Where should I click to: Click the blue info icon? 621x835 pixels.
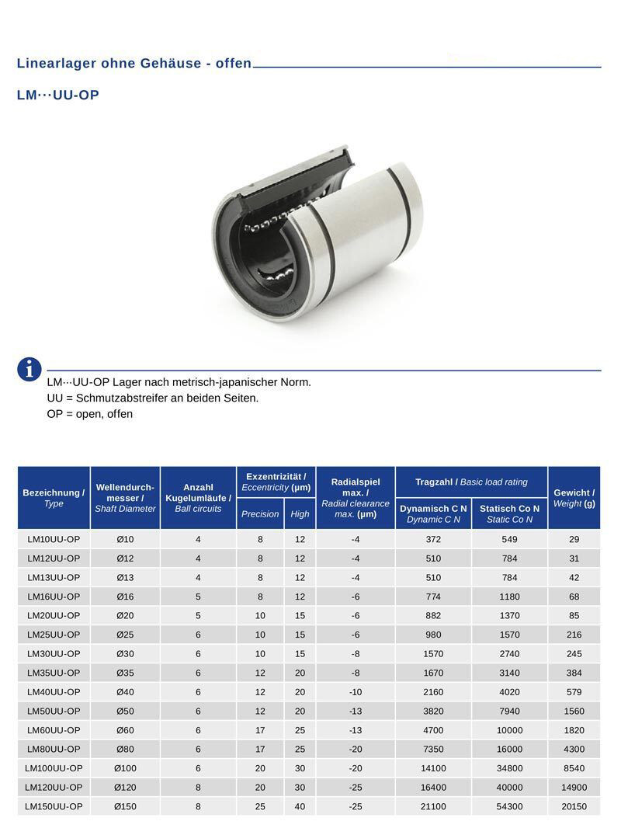(x=29, y=369)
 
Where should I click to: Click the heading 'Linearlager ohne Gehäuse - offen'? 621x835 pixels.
(x=134, y=64)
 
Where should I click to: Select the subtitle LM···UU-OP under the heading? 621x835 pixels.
(x=57, y=96)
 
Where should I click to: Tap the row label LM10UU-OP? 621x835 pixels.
(x=54, y=539)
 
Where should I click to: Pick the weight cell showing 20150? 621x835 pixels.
(x=574, y=806)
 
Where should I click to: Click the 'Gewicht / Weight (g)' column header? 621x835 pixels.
(x=574, y=498)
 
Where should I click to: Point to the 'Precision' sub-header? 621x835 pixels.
(x=260, y=514)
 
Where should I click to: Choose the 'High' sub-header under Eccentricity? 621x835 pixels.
(x=300, y=514)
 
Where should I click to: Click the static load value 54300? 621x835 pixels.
(x=509, y=806)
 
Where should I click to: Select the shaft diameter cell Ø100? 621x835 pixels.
(x=125, y=768)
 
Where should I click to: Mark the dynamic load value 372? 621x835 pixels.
(x=433, y=539)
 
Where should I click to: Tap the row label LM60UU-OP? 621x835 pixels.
(x=54, y=730)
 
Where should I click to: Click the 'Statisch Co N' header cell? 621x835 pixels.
(x=509, y=514)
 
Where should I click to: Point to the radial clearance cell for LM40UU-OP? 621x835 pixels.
(x=356, y=692)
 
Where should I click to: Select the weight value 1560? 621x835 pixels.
(x=574, y=711)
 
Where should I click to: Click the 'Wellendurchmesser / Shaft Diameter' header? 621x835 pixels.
(x=125, y=498)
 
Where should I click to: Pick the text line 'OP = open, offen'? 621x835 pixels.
(x=89, y=414)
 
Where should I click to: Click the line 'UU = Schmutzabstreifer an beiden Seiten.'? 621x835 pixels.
(x=152, y=398)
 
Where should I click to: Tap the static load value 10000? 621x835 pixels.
(x=509, y=730)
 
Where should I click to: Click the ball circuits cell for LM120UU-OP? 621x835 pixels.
(x=198, y=787)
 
